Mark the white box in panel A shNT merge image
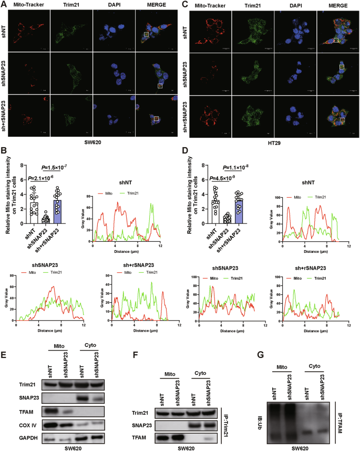click(148, 35)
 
